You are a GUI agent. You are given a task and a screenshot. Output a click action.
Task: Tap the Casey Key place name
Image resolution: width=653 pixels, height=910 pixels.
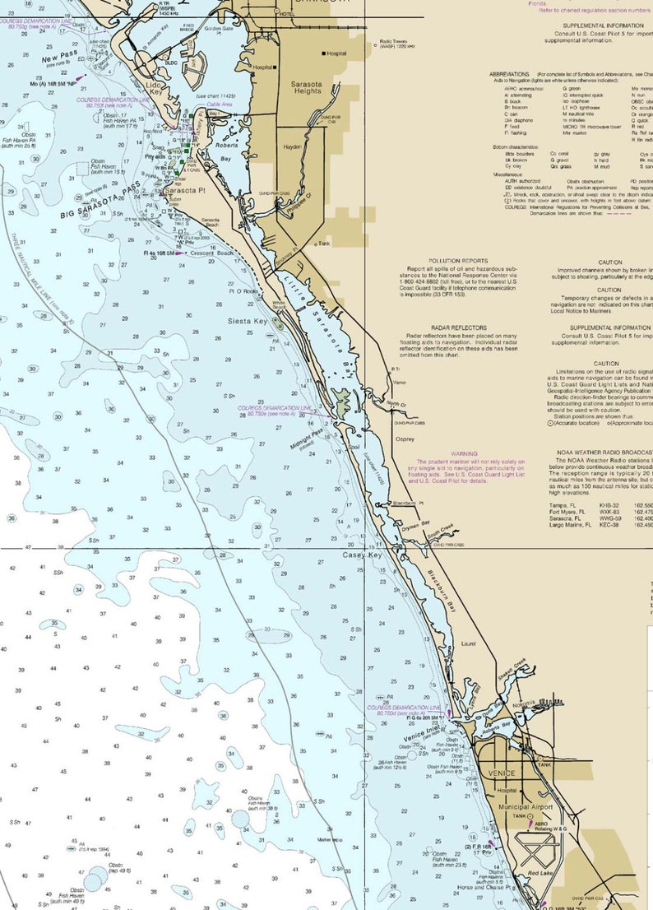[363, 556]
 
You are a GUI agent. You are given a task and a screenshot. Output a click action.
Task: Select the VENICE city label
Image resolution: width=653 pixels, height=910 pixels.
[501, 773]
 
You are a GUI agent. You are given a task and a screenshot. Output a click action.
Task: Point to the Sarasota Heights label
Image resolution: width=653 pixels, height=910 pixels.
[307, 87]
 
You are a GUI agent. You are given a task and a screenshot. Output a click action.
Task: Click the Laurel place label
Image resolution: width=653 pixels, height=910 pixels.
[469, 644]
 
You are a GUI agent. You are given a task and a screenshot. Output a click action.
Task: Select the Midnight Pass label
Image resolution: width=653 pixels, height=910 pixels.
[306, 439]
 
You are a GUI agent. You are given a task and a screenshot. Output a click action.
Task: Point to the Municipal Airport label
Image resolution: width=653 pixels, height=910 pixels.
[525, 807]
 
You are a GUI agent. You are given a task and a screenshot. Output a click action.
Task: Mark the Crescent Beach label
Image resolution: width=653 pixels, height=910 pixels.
[212, 253]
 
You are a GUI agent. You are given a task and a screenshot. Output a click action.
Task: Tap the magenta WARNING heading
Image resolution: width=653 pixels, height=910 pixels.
[463, 453]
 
